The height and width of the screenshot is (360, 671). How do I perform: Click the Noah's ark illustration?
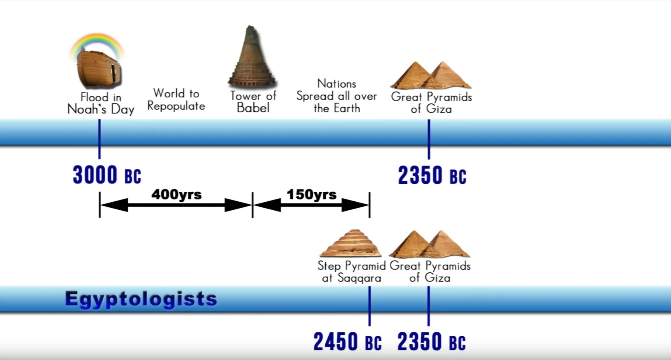pyautogui.click(x=99, y=69)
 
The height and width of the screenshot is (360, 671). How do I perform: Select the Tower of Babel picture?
pyautogui.click(x=252, y=57)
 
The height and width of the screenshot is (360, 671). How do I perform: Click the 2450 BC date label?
pyautogui.click(x=347, y=341)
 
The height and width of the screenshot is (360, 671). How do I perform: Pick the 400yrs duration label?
pyautogui.click(x=176, y=194)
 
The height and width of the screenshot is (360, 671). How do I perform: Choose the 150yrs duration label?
pyautogui.click(x=312, y=194)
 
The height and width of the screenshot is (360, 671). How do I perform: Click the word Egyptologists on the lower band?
pyautogui.click(x=141, y=299)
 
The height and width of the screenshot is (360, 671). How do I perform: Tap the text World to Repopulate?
pyautogui.click(x=176, y=100)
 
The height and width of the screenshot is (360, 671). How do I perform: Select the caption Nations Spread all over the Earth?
pyautogui.click(x=337, y=96)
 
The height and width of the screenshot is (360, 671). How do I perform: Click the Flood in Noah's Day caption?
pyautogui.click(x=100, y=103)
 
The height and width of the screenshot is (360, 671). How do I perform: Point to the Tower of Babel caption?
pyautogui.click(x=253, y=102)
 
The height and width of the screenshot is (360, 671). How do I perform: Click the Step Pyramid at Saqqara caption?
pyautogui.click(x=351, y=271)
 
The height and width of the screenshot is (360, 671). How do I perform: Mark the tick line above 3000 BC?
pyautogui.click(x=100, y=139)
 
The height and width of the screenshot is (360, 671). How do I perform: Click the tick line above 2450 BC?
pyautogui.click(x=370, y=306)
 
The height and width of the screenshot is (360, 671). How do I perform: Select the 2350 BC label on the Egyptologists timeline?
pyautogui.click(x=432, y=341)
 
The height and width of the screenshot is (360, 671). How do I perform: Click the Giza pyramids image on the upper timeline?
pyautogui.click(x=431, y=75)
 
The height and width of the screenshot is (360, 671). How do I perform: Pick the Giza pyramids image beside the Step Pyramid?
pyautogui.click(x=430, y=244)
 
